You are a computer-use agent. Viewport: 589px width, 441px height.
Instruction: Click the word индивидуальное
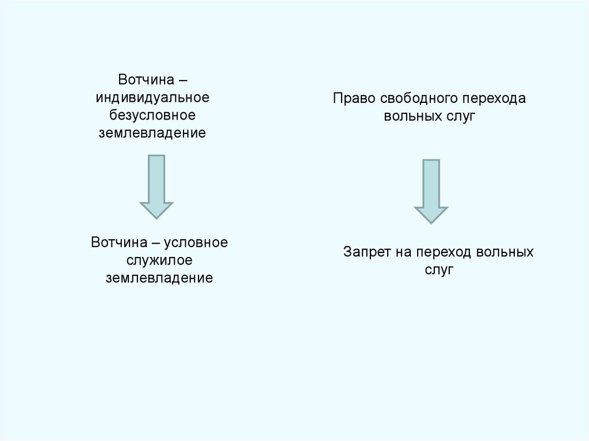click(152, 97)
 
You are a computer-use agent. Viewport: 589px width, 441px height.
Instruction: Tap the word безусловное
click(152, 115)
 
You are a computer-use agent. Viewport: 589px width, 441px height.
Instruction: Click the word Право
click(350, 98)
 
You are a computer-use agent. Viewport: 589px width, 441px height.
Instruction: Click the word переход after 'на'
click(446, 252)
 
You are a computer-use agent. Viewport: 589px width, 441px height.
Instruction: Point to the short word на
click(404, 252)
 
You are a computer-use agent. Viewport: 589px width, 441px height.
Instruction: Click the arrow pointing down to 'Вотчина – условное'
click(156, 186)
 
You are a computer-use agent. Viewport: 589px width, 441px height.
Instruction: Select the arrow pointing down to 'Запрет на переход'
click(431, 191)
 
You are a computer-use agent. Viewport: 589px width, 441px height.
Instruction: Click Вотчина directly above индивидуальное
click(143, 78)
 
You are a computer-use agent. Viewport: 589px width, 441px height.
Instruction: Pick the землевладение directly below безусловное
click(152, 133)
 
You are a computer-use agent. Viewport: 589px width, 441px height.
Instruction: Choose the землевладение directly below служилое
click(159, 279)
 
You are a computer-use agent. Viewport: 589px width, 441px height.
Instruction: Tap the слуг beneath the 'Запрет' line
click(439, 270)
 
